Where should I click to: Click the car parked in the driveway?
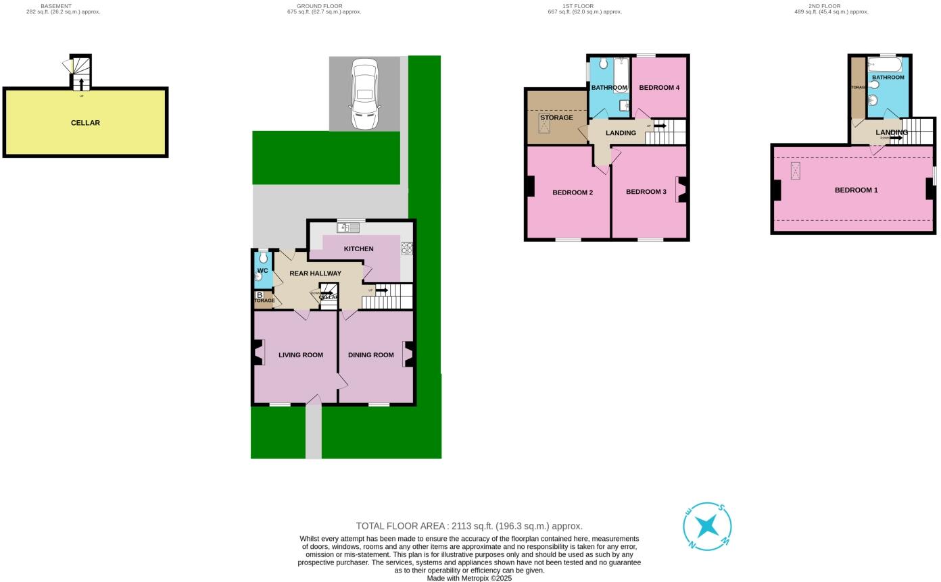364,94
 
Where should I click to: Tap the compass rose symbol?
707,526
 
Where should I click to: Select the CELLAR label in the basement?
85,123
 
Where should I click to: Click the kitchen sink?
349,228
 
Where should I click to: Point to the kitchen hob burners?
407,248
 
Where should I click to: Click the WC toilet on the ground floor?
263,259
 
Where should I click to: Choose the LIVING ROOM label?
301,355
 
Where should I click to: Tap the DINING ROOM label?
370,355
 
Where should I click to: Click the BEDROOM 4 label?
659,88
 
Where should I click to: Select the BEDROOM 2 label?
573,192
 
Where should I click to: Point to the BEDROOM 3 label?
646,192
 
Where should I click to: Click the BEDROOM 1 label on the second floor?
856,190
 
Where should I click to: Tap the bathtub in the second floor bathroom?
885,65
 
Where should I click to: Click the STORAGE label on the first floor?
556,117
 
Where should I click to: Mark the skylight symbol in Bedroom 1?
795,171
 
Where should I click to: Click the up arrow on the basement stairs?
82,84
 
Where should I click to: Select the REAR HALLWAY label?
315,273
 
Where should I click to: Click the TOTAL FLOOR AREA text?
469,526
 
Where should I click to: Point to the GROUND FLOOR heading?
319,6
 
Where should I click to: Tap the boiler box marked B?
260,295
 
